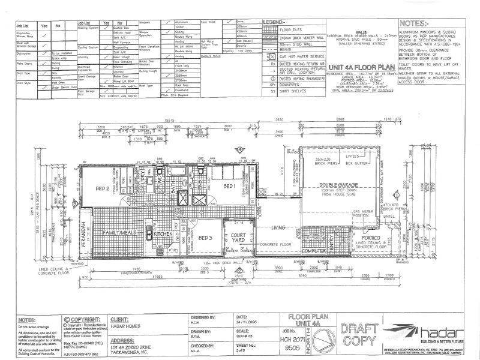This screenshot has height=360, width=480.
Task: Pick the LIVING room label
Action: tap(278, 228)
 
